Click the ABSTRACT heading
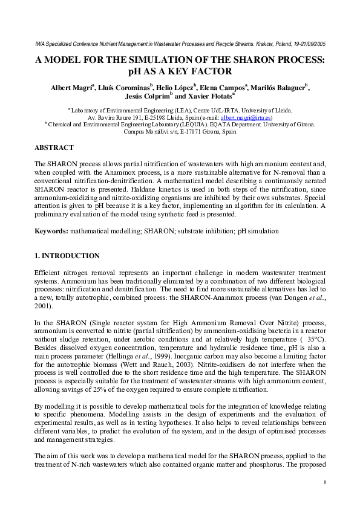(x=54, y=148)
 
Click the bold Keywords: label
(x=51, y=232)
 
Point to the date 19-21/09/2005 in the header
(x=308, y=44)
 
